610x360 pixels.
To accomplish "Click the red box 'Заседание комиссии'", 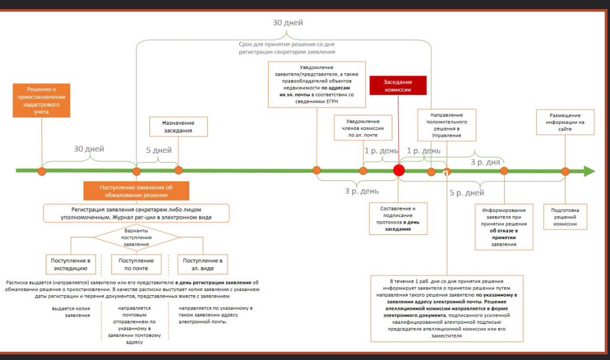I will (398, 86).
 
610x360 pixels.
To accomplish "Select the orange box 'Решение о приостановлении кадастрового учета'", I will (41, 100).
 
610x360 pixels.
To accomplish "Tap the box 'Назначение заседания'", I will (178, 127).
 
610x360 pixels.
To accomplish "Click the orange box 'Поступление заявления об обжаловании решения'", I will (136, 191).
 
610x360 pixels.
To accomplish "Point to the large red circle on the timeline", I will (399, 170).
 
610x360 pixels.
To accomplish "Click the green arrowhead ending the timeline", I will (590, 171).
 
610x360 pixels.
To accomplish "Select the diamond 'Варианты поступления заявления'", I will (136, 237).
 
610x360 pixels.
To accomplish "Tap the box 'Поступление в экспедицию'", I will (71, 264).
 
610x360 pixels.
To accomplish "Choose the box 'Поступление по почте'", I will (136, 264).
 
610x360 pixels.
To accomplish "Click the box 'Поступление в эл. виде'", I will (203, 264).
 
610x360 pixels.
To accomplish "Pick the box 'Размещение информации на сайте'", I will (565, 122).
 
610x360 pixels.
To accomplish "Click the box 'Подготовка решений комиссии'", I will (565, 217).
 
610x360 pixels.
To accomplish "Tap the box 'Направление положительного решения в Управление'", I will (446, 125).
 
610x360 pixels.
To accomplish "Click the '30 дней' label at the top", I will (287, 23).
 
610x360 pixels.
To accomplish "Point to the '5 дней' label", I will (159, 150).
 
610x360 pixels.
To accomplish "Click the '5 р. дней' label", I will (467, 193).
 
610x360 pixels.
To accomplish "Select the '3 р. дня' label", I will (485, 162).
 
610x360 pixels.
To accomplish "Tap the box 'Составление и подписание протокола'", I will (398, 219).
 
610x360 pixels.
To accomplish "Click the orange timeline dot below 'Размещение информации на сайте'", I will (565, 171).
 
